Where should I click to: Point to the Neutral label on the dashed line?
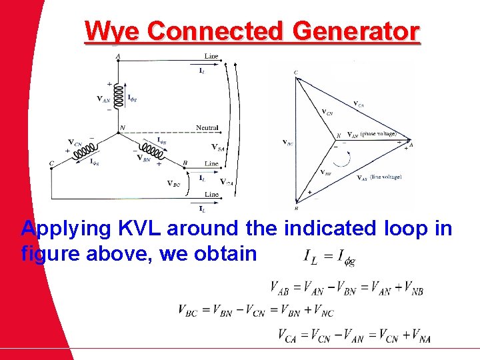tap(207, 127)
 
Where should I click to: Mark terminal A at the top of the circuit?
tap(118, 57)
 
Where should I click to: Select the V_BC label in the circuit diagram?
tap(173, 183)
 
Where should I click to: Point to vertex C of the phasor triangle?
tap(295, 73)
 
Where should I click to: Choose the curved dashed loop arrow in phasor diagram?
tap(342, 158)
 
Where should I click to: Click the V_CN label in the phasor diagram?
tap(328, 112)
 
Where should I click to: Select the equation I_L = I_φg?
tap(329, 256)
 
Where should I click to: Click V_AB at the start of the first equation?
tap(284, 288)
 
